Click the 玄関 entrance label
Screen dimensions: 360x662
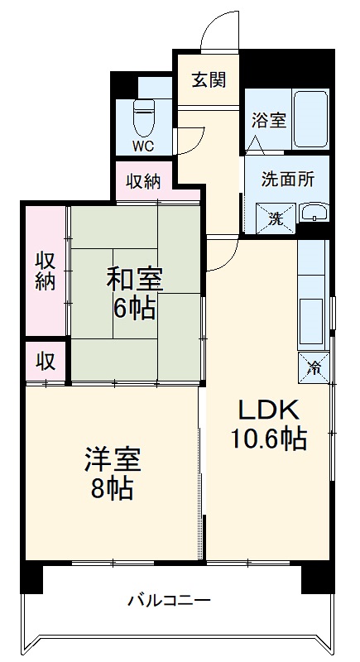point(209,79)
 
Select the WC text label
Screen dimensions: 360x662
point(143,146)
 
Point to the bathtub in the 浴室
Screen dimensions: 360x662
point(310,118)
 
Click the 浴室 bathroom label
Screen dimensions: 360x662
point(269,121)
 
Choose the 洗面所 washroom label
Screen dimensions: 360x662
point(287,180)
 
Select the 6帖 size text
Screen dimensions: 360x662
point(134,309)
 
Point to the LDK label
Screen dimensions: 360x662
point(268,410)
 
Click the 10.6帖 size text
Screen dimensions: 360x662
point(268,439)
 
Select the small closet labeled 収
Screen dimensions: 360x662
point(46,362)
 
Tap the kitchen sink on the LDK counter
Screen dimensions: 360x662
point(311,321)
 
